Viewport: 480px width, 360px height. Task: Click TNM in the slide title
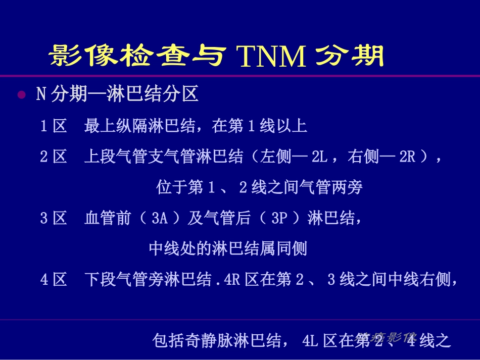(271, 57)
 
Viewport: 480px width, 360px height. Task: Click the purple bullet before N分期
(21, 94)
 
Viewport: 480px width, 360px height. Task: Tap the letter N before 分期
(41, 94)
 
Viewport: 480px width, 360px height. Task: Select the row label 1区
(54, 126)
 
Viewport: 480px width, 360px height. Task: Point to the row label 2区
(54, 157)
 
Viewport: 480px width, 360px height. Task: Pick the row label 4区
(54, 280)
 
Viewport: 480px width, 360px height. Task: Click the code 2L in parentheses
(319, 157)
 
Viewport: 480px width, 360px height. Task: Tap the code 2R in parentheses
(407, 157)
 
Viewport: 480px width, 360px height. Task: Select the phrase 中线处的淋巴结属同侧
(228, 249)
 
